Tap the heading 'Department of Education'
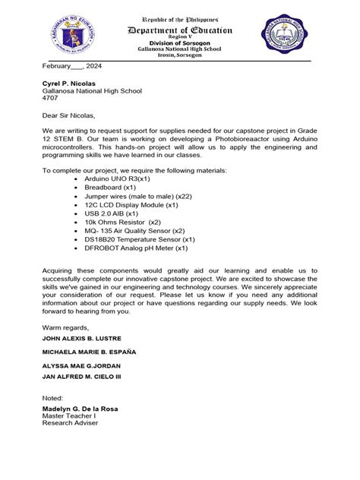coord(180,30)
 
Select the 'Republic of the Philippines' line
coord(180,17)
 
